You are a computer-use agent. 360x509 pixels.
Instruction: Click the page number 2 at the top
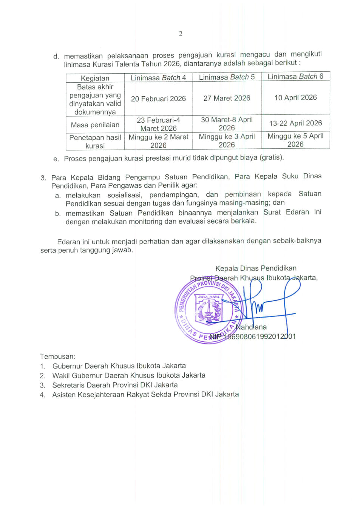[181, 34]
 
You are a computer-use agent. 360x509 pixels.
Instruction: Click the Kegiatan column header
[95, 78]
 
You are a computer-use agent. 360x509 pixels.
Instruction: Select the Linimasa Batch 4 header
[158, 78]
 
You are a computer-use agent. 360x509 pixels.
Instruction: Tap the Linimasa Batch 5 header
[227, 77]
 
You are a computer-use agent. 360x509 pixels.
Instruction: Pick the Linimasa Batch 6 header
[295, 76]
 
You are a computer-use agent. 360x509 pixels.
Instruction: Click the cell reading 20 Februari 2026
[158, 99]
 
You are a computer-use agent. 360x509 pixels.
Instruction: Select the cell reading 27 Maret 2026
[227, 98]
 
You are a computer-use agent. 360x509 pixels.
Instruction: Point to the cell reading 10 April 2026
[295, 97]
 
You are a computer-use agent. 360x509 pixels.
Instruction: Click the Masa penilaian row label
[95, 125]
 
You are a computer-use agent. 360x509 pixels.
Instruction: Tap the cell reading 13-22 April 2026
[295, 123]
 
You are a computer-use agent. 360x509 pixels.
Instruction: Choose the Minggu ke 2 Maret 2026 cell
[158, 141]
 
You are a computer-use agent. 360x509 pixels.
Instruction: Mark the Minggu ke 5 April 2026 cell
[295, 140]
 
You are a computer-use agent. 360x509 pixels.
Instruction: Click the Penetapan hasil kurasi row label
[95, 142]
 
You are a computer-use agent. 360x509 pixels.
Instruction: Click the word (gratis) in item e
[271, 157]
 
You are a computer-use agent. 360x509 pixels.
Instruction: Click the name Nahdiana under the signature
[251, 327]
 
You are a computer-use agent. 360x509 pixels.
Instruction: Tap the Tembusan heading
[57, 356]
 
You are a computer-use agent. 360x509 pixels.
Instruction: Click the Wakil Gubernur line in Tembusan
[129, 375]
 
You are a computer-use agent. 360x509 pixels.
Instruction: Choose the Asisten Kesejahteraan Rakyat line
[145, 394]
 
